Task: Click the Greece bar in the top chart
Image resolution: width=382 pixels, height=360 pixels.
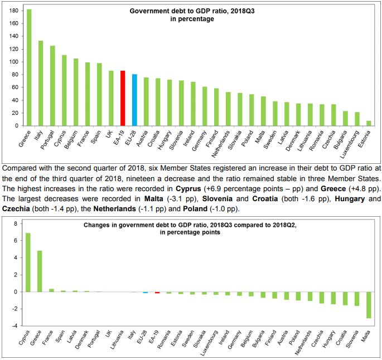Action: [29, 67]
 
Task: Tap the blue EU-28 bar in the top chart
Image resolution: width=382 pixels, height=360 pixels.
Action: [134, 100]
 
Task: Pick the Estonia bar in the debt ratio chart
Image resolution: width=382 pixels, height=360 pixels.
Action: [368, 123]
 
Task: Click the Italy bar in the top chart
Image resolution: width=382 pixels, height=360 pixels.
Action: [41, 83]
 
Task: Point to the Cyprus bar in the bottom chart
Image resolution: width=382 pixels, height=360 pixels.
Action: [28, 262]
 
